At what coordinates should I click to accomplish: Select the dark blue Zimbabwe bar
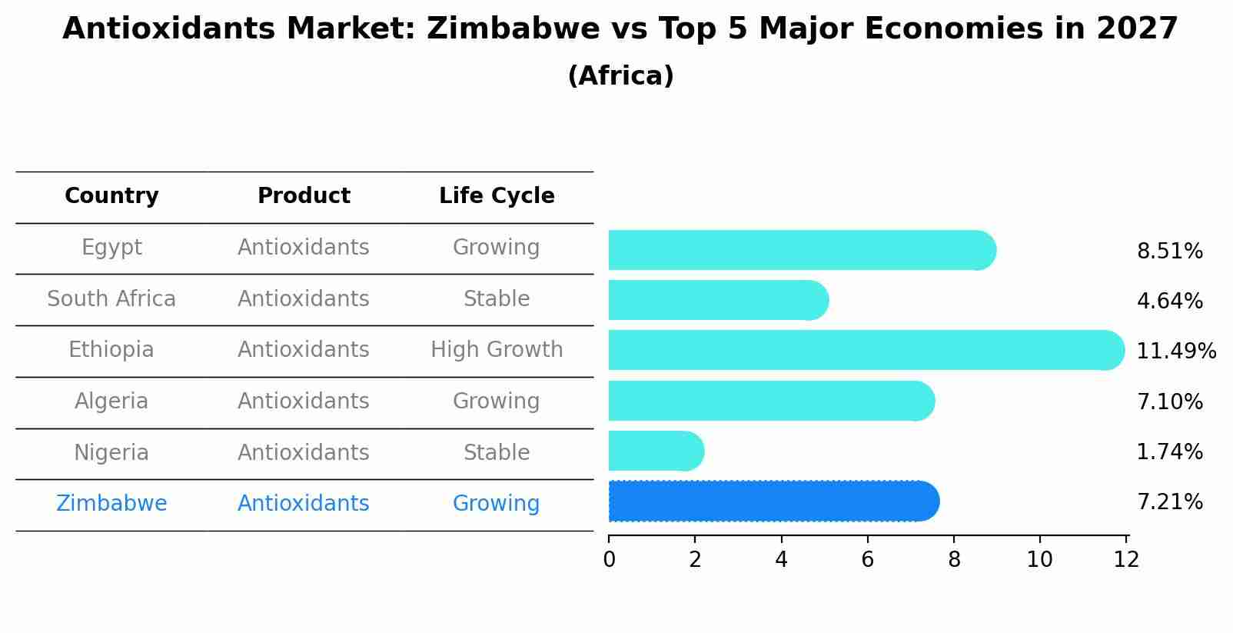[773, 501]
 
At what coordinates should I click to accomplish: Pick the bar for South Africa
[717, 300]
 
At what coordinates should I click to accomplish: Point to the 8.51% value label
[1169, 252]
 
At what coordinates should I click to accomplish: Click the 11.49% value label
[1175, 351]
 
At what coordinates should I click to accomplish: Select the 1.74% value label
[1169, 452]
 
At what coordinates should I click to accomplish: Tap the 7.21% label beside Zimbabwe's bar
[1169, 502]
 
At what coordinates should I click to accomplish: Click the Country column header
[111, 196]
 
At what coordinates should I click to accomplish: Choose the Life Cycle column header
[497, 196]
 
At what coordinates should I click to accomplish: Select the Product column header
[304, 196]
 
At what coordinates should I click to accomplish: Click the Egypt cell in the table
[111, 248]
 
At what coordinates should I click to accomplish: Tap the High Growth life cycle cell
[497, 350]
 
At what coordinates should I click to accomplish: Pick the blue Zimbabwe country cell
[111, 504]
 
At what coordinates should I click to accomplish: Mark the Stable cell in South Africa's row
[497, 299]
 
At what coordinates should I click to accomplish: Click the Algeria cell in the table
[111, 401]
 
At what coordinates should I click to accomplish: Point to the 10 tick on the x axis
[1039, 560]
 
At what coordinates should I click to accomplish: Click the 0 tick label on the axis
[609, 560]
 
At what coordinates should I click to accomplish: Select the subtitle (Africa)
[620, 76]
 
